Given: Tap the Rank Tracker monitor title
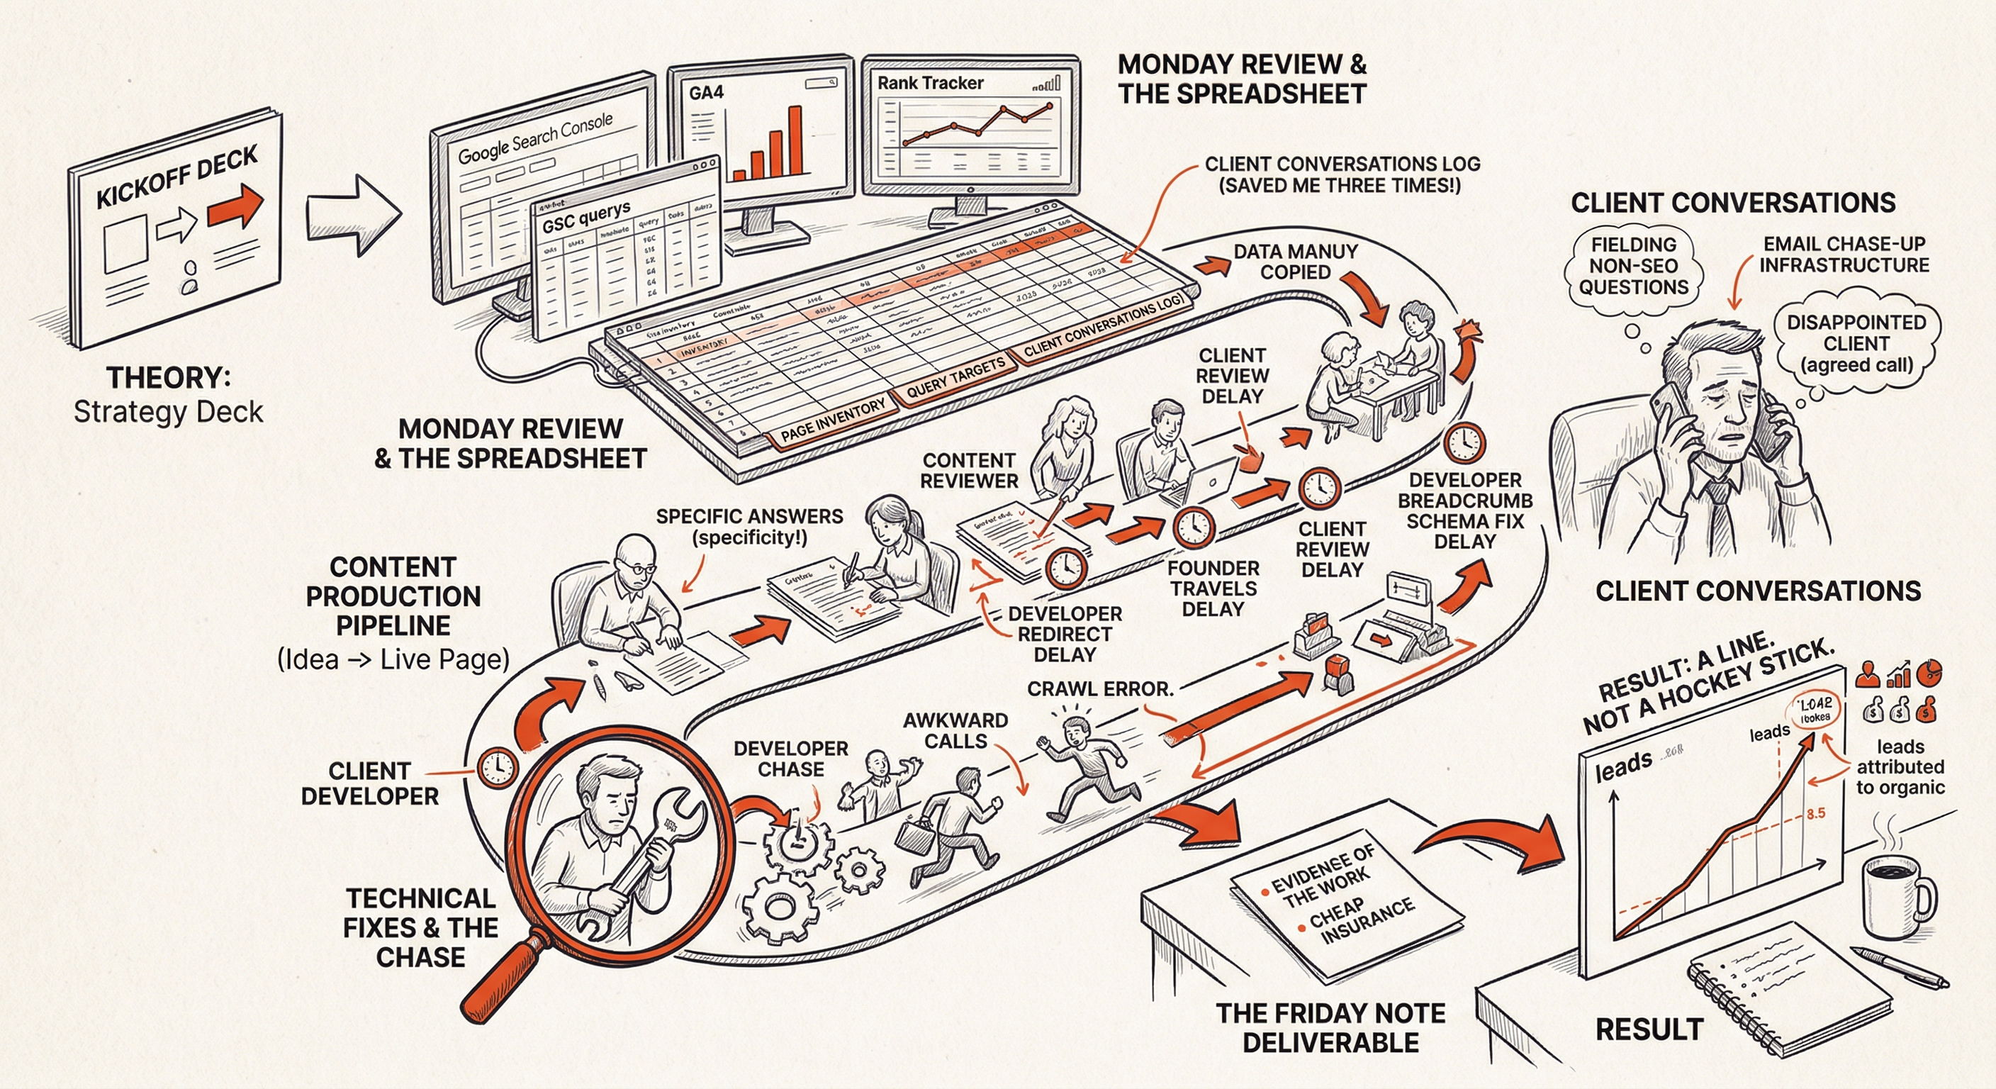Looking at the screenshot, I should pyautogui.click(x=930, y=83).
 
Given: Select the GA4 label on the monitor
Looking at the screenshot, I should pyautogui.click(x=706, y=93).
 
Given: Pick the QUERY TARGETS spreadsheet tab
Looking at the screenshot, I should pyautogui.click(x=955, y=376).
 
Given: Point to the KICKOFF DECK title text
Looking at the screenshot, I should pyautogui.click(x=176, y=177).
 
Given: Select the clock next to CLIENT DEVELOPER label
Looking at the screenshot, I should pyautogui.click(x=497, y=767).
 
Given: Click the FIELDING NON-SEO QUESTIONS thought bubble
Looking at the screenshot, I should pyautogui.click(x=1633, y=266).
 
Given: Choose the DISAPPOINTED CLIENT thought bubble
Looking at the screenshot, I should pyautogui.click(x=1856, y=343).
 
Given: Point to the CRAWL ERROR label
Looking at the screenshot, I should pyautogui.click(x=1099, y=688).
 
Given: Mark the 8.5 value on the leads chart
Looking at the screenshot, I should pyautogui.click(x=1815, y=813).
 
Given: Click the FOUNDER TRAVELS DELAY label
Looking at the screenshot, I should pyautogui.click(x=1213, y=588).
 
